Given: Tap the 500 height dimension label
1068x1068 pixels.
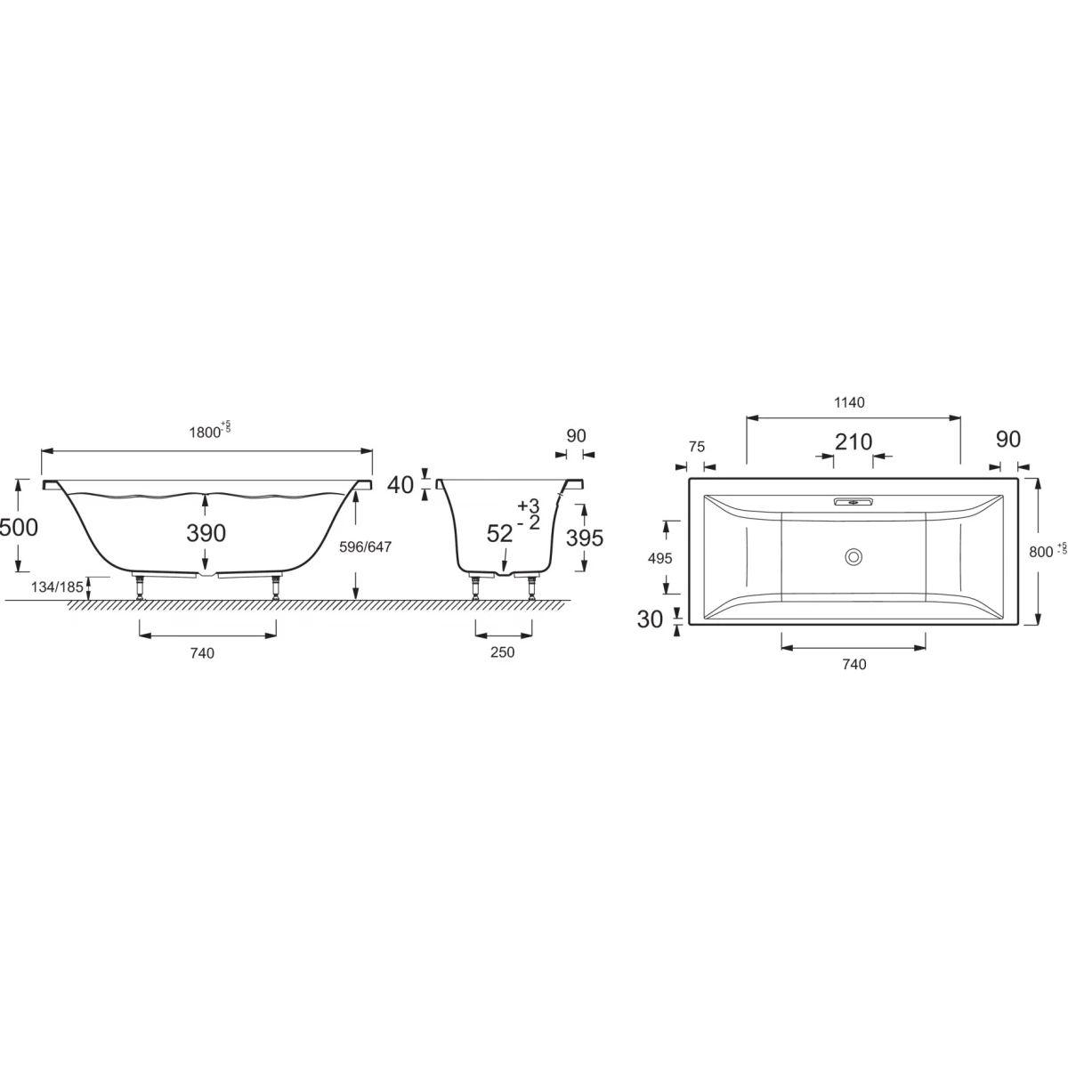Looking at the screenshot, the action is pyautogui.click(x=19, y=527).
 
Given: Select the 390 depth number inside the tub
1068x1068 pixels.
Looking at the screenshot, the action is pyautogui.click(x=206, y=532).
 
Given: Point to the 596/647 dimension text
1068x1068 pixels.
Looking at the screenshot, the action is pyautogui.click(x=365, y=547).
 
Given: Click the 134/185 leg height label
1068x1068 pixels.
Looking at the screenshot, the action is pyautogui.click(x=57, y=587).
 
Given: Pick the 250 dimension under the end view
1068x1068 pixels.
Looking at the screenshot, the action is pyautogui.click(x=503, y=652).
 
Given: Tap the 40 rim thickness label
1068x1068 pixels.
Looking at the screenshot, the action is pyautogui.click(x=400, y=485).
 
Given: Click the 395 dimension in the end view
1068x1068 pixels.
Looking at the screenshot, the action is pyautogui.click(x=585, y=538).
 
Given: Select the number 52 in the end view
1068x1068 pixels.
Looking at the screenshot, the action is pyautogui.click(x=499, y=534).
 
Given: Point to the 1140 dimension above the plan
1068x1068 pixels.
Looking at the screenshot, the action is pyautogui.click(x=849, y=403).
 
